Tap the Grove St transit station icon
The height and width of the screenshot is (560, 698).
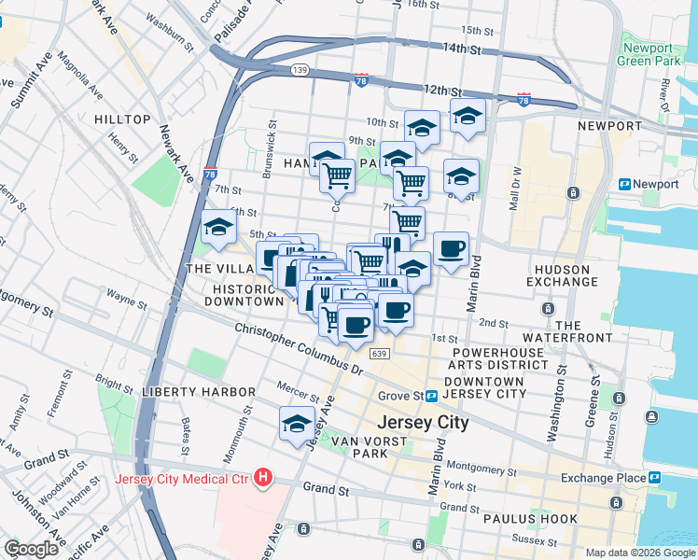[432, 397]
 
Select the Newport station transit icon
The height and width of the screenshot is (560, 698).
[624, 185]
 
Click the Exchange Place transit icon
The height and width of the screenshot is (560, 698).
[655, 478]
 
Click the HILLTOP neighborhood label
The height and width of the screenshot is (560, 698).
[122, 119]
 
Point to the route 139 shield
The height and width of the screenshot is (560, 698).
[299, 70]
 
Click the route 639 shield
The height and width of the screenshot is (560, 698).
[378, 354]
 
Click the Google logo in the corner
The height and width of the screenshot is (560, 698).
[31, 549]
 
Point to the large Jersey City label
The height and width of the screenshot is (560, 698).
[422, 423]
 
